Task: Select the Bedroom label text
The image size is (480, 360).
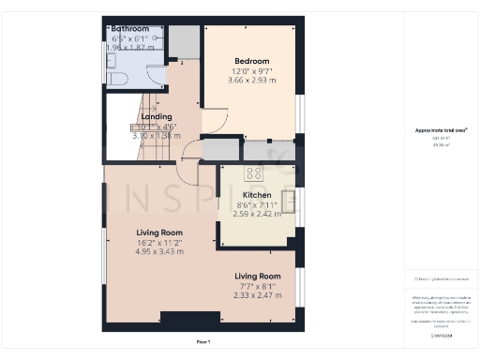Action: (x=250, y=61)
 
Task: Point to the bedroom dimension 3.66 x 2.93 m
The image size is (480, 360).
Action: (x=250, y=81)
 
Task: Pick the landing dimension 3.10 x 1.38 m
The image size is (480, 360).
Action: (x=155, y=136)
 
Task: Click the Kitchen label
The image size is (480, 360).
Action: (x=231, y=194)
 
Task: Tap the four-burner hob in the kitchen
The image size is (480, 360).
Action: (x=254, y=173)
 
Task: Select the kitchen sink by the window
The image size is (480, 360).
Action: (x=290, y=200)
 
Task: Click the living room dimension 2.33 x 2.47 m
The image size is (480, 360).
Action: (x=257, y=295)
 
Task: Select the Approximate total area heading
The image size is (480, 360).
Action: (x=441, y=130)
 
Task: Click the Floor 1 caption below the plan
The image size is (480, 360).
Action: (x=203, y=342)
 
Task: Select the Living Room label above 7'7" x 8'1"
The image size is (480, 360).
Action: (x=257, y=277)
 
